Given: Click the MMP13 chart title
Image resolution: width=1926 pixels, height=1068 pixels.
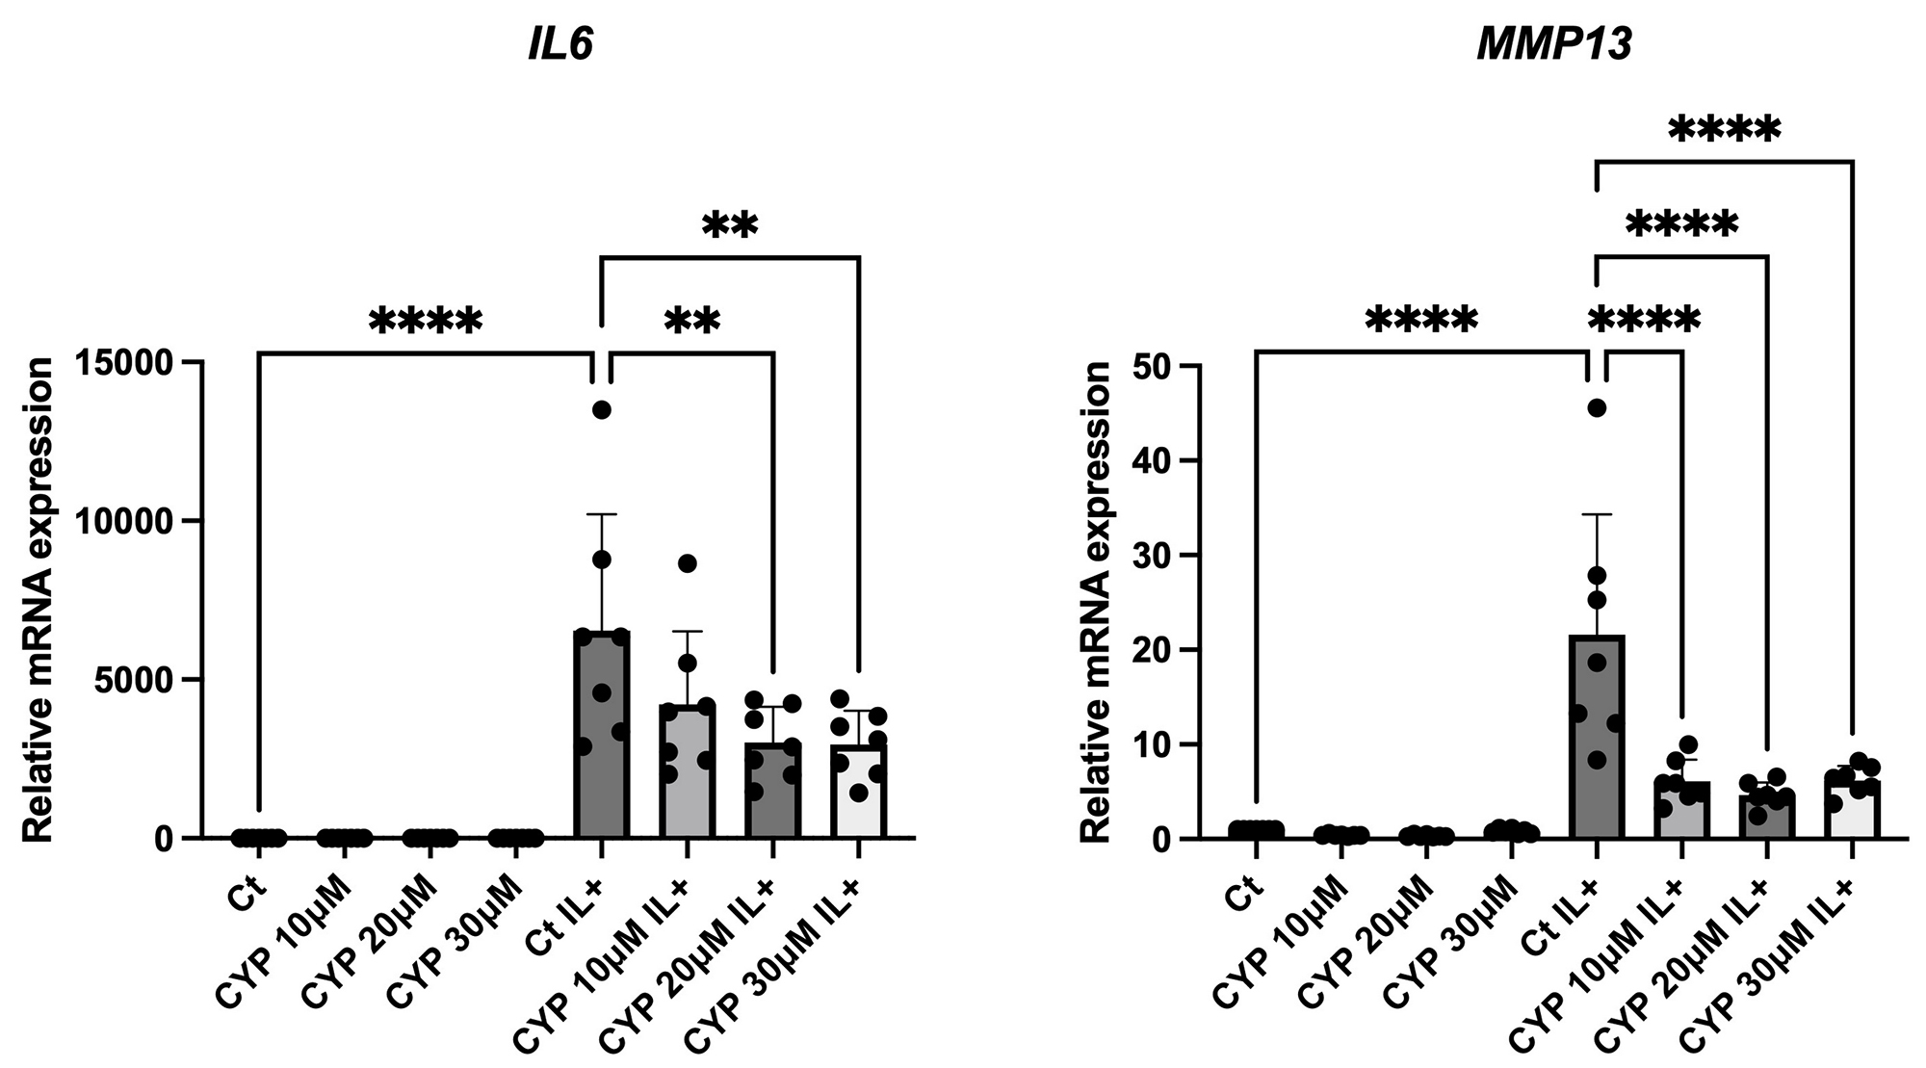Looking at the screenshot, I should [x=1554, y=46].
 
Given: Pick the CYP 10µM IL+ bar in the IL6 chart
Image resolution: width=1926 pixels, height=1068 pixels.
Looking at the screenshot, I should [x=687, y=770].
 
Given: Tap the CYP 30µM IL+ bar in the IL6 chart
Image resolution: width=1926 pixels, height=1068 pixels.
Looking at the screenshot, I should [x=858, y=791].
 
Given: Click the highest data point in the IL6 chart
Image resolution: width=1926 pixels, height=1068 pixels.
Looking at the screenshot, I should [x=602, y=410].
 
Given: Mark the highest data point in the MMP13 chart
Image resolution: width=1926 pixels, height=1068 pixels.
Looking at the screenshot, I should [x=1597, y=408].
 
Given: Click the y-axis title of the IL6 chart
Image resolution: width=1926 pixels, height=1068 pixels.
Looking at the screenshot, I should [x=39, y=600].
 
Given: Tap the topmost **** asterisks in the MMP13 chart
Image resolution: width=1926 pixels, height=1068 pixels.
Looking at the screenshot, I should [x=1724, y=130].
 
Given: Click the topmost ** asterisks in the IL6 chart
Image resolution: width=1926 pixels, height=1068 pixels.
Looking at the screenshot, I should [x=730, y=225].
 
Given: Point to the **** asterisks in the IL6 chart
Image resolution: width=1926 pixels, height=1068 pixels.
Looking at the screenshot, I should [x=425, y=322].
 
